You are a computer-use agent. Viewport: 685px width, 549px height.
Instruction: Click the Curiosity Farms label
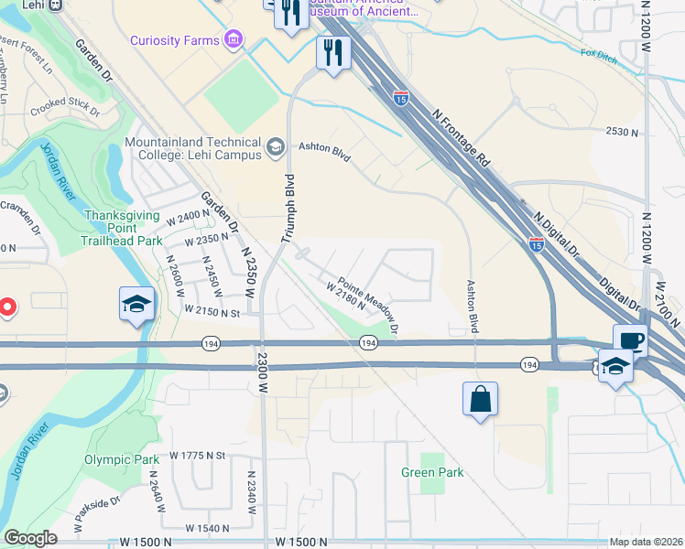[x=174, y=40]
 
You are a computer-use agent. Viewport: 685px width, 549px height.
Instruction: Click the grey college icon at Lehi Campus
[x=274, y=146]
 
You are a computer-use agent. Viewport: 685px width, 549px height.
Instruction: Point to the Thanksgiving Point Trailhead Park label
[x=122, y=228]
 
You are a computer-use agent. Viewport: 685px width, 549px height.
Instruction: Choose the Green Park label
[x=432, y=472]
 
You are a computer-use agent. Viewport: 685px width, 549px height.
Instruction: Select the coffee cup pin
[x=630, y=340]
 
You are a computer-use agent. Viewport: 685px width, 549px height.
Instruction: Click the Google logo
[x=31, y=538]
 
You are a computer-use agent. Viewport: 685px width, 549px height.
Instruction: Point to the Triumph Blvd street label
[x=289, y=208]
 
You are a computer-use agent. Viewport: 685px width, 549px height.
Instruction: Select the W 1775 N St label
[x=198, y=455]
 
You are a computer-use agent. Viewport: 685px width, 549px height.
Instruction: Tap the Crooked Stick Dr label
[x=64, y=108]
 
